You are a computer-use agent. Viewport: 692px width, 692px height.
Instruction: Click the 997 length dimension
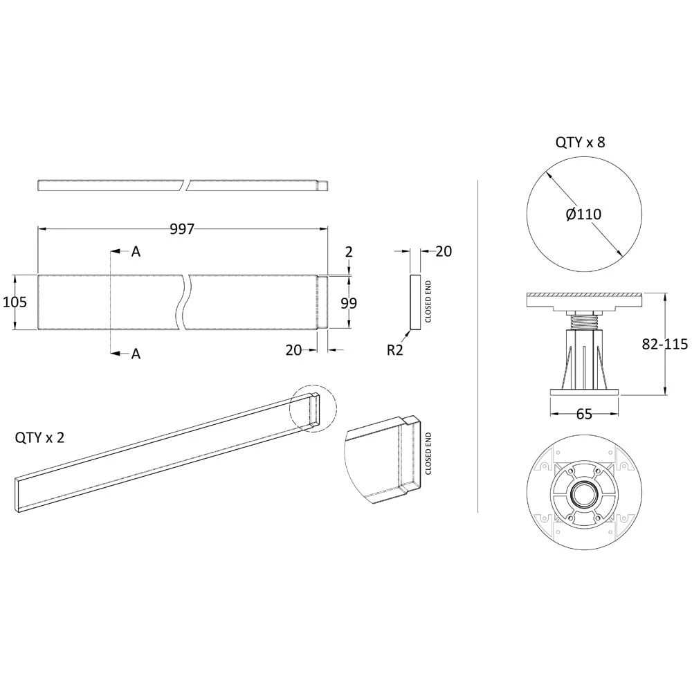coord(182,230)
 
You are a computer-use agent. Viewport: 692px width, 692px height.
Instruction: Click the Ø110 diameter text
coord(583,215)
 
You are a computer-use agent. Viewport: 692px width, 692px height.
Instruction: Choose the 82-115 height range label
coord(664,345)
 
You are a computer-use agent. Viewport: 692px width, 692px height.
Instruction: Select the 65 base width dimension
coord(584,415)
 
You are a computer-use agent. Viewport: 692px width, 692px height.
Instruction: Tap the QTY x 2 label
coord(39,438)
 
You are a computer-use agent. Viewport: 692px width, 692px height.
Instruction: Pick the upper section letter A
coord(136,252)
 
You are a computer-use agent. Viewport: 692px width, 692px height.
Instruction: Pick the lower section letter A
coord(136,354)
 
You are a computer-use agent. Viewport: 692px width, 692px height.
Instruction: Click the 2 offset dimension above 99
coord(349,252)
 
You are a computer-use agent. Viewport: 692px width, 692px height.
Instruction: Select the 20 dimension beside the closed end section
coord(443,251)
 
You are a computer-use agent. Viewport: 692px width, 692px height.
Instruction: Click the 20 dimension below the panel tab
coord(293,350)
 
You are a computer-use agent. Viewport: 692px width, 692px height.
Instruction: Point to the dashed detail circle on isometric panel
coord(313,410)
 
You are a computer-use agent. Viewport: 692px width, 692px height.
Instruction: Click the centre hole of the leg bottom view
coord(584,495)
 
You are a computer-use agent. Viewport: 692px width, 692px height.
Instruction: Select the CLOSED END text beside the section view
coord(428,302)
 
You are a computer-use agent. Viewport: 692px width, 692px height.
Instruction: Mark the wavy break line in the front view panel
coord(186,302)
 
